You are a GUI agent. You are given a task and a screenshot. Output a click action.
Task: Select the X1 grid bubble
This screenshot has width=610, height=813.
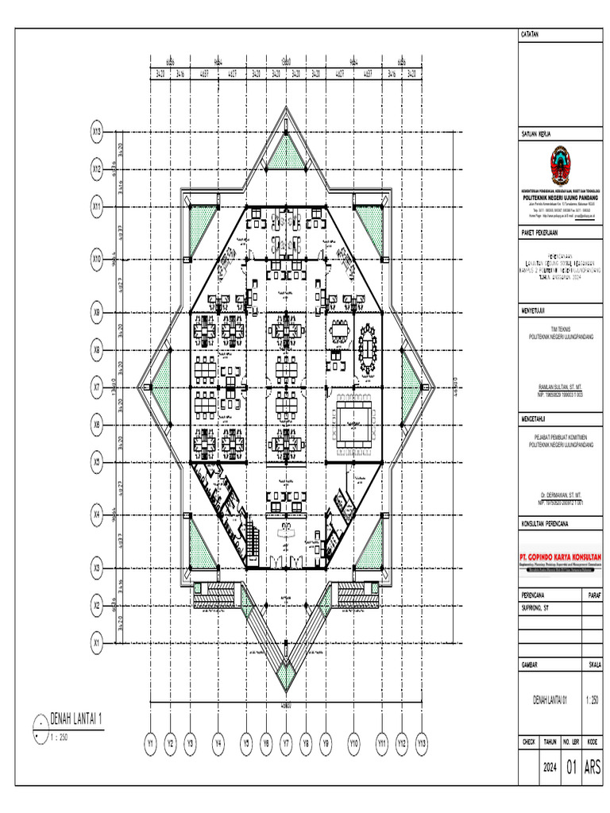98,639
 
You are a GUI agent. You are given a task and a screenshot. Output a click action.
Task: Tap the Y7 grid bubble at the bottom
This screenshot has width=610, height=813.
285,744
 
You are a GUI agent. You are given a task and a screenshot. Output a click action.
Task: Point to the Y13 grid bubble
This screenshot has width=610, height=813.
422,744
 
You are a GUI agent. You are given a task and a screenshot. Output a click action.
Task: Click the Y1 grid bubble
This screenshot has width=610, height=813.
150,744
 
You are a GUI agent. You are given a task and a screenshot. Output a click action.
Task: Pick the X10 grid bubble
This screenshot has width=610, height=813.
98,259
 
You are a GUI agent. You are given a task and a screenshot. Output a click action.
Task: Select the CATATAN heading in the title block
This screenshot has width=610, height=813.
530,35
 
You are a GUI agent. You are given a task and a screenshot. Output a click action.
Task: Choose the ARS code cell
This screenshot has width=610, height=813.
593,768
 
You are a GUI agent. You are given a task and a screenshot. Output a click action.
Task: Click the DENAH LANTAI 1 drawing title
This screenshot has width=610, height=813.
77,721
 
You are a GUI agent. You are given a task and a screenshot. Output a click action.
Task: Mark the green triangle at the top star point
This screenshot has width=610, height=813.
285,153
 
